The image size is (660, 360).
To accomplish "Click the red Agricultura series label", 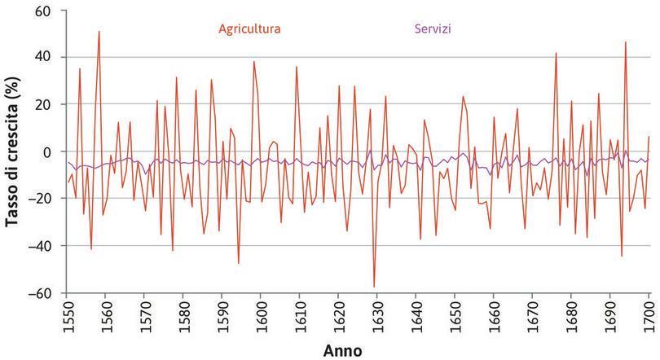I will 249,29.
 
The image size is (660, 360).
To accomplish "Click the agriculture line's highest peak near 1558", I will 99,32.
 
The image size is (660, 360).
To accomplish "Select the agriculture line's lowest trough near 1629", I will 374,287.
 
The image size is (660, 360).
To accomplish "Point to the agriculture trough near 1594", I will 239,263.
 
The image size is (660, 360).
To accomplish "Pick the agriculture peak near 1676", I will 556,53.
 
